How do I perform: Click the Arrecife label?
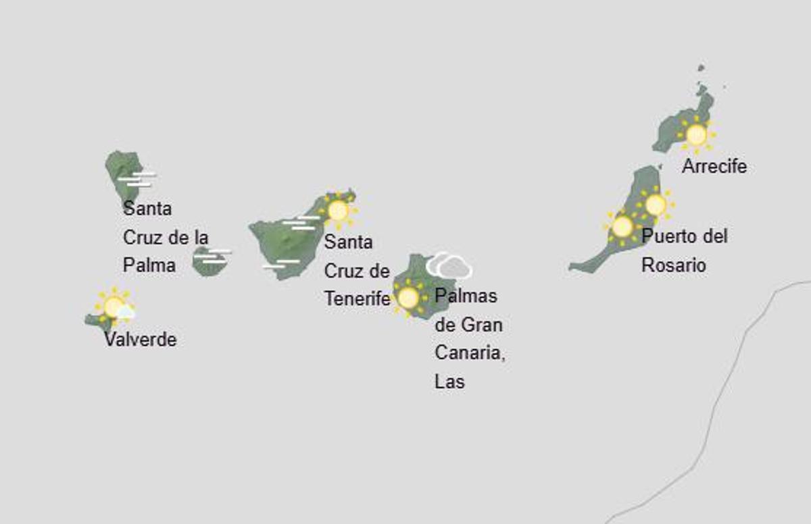pos(714,166)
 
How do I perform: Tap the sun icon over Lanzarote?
pos(695,135)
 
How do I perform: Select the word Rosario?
pos(673,265)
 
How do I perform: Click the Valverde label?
pos(140,339)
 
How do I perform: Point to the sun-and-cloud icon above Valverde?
pos(115,306)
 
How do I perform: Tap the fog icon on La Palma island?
pos(138,179)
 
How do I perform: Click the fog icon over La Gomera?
pos(213,255)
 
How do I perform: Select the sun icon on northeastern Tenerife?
pos(337,211)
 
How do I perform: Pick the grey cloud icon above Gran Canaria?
pos(449,266)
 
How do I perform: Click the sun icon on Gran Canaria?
pos(408,297)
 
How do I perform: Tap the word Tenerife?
pos(357,298)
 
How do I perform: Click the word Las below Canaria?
pos(449,382)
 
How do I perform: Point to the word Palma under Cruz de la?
pos(149,265)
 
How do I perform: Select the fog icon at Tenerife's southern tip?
pos(280,264)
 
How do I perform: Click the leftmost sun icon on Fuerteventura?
pos(622,226)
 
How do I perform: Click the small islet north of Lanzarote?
pos(701,68)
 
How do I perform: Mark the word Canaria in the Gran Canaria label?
pos(470,353)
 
